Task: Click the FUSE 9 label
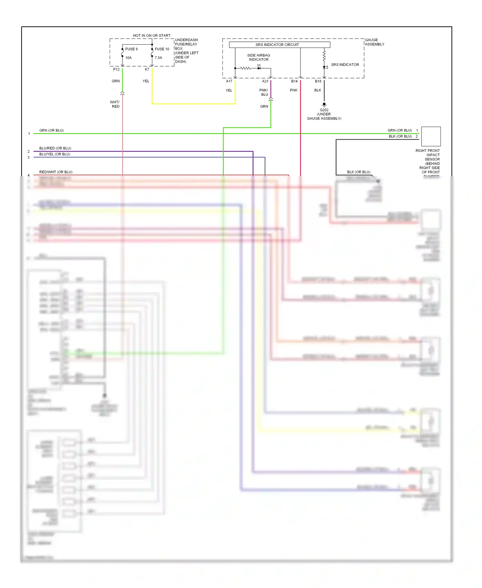pos(131,49)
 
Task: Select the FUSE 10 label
pos(162,49)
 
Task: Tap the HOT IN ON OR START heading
pos(152,36)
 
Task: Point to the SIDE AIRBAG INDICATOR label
pos(259,58)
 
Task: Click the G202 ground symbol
pos(324,105)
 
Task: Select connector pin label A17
pos(229,81)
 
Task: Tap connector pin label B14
pos(294,81)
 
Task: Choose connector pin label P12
pos(116,69)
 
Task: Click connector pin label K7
pos(147,69)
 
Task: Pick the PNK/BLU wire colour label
pos(264,92)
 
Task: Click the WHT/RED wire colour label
pos(115,104)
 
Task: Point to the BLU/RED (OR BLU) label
pos(55,148)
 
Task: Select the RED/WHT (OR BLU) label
pos(56,172)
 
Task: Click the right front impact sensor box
pos(431,136)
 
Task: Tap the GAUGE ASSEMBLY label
pos(374,42)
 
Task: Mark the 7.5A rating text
pos(158,58)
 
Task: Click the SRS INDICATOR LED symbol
pos(325,67)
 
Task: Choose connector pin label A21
pos(265,81)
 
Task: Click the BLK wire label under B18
pos(318,90)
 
